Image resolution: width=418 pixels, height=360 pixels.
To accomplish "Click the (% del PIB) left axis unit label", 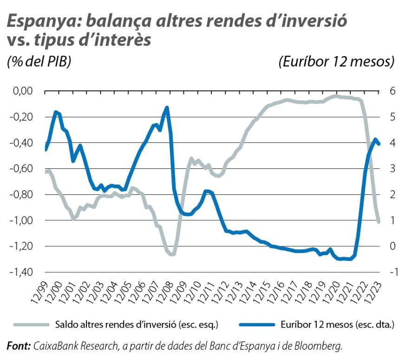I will (x=39, y=61).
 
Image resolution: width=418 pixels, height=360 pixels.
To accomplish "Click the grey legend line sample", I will (x=31, y=324).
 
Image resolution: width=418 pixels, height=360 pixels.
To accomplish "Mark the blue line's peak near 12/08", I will (x=167, y=108).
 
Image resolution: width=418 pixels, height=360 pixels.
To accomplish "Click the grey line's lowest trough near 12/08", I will (x=171, y=254).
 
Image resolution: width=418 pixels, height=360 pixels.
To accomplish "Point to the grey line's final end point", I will (x=379, y=222).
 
